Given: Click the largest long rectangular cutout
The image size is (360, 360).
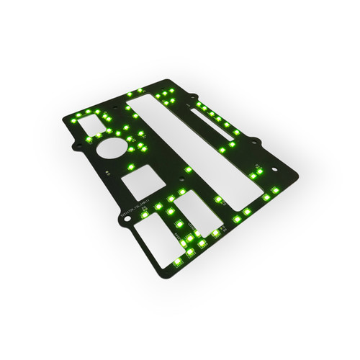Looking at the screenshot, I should click(191, 151).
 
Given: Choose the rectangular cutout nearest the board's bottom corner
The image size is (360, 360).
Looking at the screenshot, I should click(153, 237).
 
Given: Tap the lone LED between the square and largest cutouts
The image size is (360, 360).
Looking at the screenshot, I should click(188, 169).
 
